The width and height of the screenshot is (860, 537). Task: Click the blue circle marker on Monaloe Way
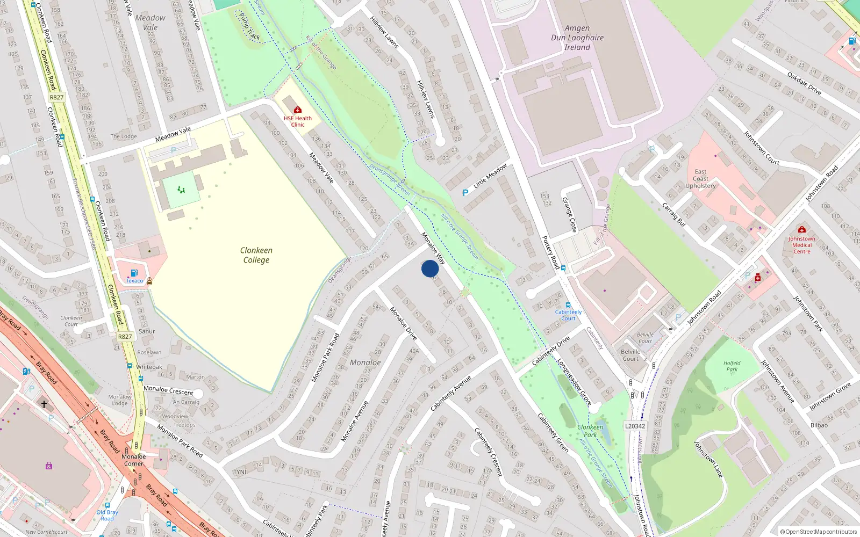(430, 268)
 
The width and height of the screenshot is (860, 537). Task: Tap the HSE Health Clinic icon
(298, 110)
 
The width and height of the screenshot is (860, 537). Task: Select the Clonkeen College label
(256, 255)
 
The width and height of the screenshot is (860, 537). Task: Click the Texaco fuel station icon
(134, 273)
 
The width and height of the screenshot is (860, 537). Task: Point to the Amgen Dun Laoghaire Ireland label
(577, 38)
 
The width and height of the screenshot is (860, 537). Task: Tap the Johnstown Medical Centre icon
(802, 229)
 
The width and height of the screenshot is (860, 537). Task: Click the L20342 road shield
(635, 426)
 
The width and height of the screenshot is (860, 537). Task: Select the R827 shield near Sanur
(125, 337)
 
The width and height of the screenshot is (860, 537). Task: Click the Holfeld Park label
(732, 366)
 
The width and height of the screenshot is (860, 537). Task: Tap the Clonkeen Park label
(590, 431)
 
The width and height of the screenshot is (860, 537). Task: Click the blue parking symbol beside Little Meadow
(465, 193)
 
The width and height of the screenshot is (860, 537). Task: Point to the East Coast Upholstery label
(700, 179)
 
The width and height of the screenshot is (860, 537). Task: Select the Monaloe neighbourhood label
(365, 362)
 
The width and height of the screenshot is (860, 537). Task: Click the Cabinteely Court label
(568, 315)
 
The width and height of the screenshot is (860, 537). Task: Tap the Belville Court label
(630, 355)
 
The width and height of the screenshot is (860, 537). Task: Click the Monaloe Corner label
(133, 460)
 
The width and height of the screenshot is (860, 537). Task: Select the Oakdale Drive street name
(804, 83)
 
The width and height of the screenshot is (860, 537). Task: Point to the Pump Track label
(249, 27)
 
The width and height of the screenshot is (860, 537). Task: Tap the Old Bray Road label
(107, 516)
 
